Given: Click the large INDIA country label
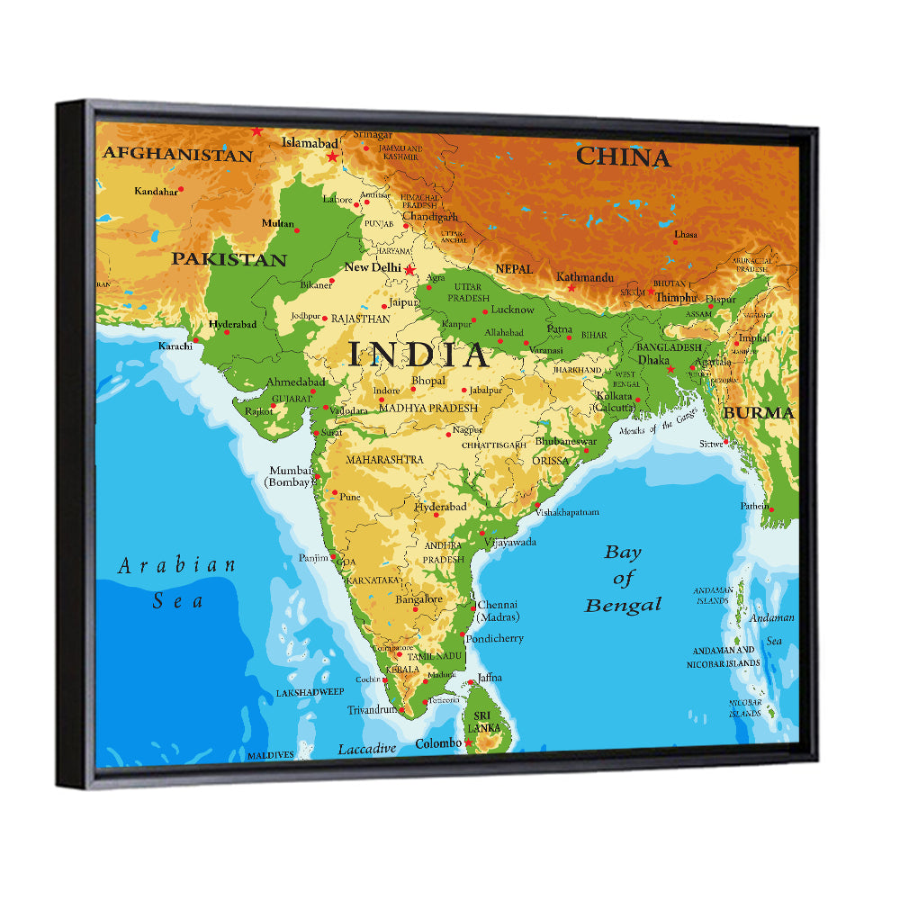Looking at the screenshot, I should point(419,355).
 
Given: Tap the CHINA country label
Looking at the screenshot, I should point(623,157).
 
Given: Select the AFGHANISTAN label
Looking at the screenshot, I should point(177,155).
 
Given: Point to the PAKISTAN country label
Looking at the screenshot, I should point(229,260).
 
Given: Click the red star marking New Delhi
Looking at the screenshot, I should point(409,269).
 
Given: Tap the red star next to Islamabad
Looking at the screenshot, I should point(333,157).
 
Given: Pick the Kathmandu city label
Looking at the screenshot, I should point(585,277).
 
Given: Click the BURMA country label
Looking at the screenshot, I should point(759,413).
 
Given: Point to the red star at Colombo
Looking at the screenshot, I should point(468,742).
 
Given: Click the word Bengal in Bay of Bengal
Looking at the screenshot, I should point(623,605).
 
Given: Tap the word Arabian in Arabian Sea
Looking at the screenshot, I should point(177,566).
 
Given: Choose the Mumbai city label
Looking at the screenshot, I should point(291,471).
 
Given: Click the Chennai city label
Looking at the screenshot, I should point(498,605).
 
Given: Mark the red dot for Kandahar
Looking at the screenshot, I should point(181,189).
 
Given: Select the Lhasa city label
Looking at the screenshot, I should point(686,234).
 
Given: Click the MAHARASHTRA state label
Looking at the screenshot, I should point(384,460).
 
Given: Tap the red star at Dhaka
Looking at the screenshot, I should point(670,369).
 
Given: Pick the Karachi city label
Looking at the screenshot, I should point(175,346).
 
